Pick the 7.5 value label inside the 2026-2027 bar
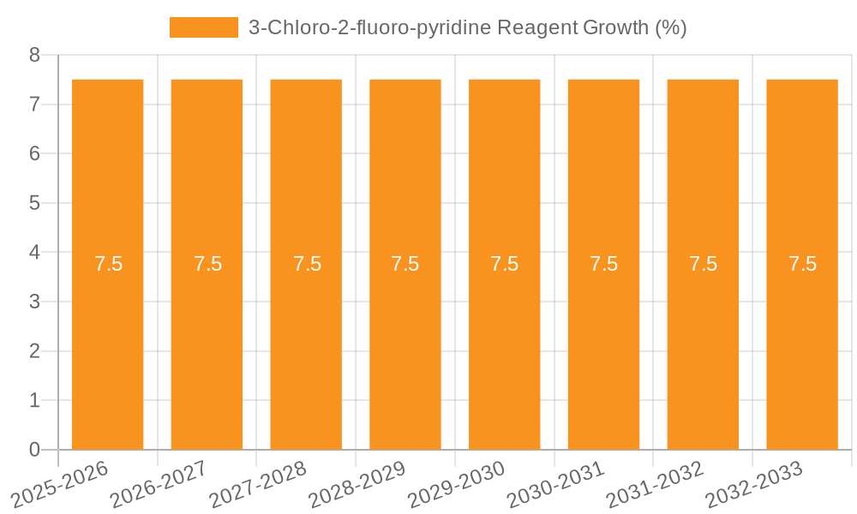tap(207, 264)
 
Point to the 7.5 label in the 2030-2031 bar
tap(604, 264)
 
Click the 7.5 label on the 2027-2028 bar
tap(307, 264)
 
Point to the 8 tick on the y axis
tap(34, 55)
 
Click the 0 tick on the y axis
tap(34, 450)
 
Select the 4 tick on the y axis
tap(34, 253)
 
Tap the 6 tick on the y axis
tap(34, 154)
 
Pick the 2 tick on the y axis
tap(34, 351)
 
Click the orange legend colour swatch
tap(204, 27)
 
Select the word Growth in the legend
tap(615, 27)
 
